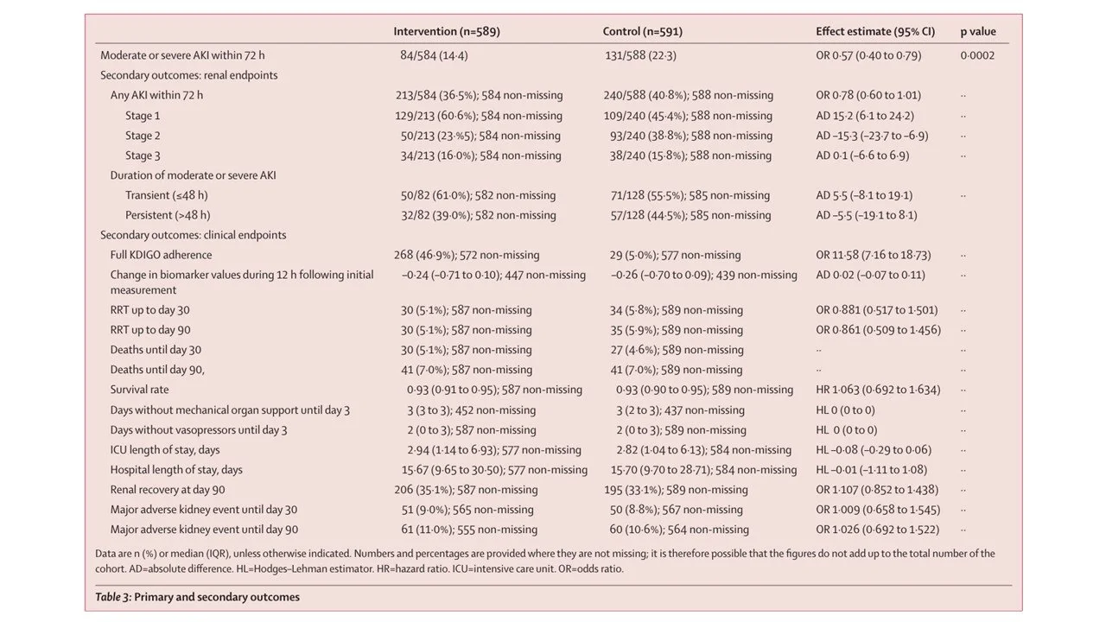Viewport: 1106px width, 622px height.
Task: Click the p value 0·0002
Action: [976, 55]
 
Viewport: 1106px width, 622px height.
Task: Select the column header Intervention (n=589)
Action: [446, 32]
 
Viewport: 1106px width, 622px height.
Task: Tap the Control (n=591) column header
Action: [642, 32]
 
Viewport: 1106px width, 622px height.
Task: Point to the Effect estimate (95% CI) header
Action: [874, 32]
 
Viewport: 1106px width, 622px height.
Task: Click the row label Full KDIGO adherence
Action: [161, 255]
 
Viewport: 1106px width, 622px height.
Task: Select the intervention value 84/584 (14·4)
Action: [433, 55]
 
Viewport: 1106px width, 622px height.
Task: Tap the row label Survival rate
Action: [139, 390]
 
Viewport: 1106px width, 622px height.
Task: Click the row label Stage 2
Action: [143, 136]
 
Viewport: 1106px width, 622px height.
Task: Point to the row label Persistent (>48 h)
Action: [168, 215]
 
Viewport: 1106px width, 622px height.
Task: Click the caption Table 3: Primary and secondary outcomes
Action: [197, 597]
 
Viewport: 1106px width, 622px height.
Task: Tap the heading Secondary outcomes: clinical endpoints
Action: [193, 235]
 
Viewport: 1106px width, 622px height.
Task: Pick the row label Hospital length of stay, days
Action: [176, 470]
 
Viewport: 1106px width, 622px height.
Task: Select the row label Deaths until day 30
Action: [156, 350]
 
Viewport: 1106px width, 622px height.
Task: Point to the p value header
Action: [977, 32]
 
